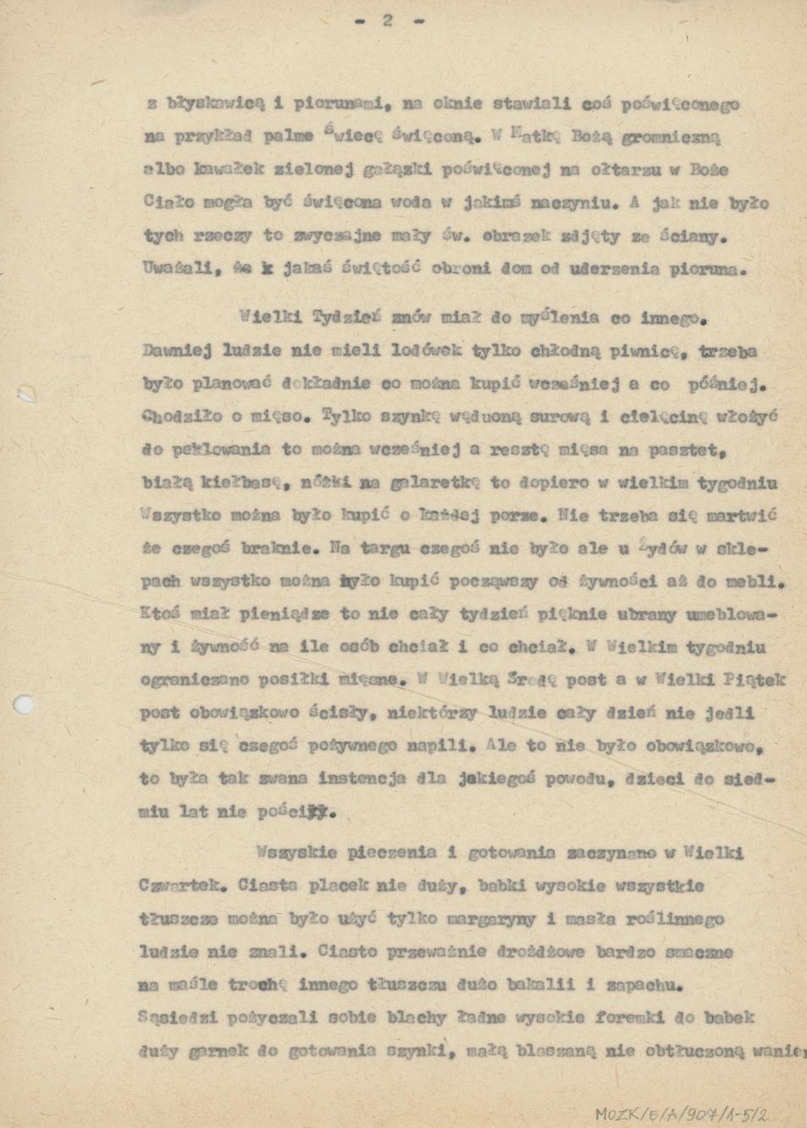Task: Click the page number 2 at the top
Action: point(387,20)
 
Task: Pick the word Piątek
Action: point(756,679)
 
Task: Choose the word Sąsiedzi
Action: point(176,1018)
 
